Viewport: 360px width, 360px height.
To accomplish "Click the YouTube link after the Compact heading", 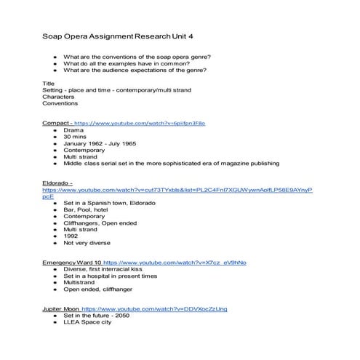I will pyautogui.click(x=140, y=123).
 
